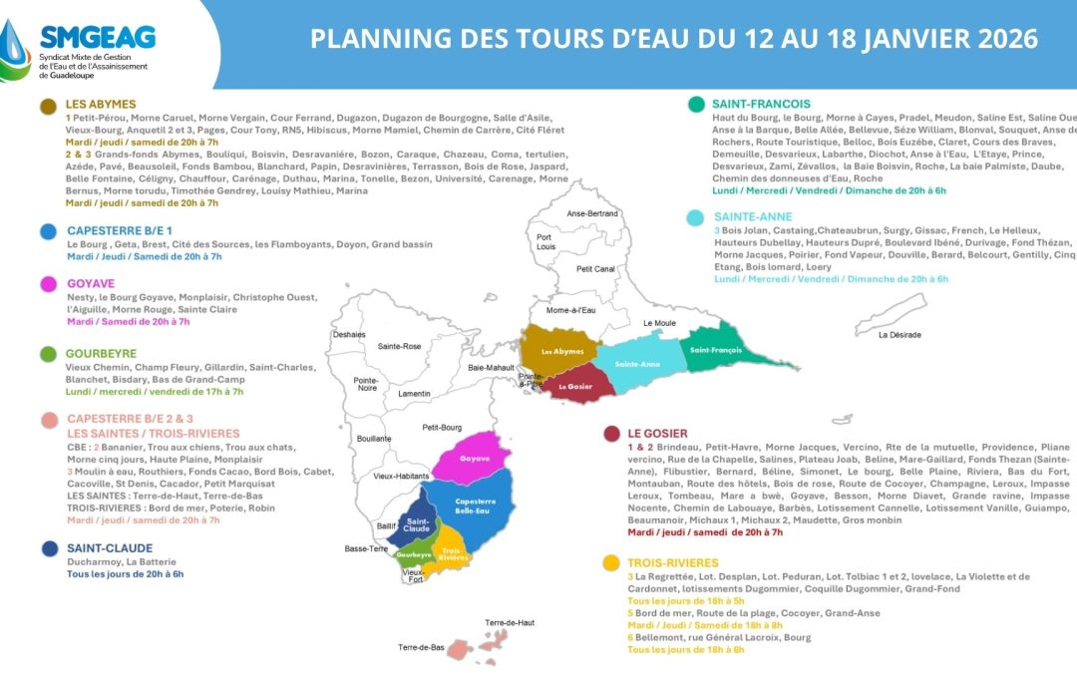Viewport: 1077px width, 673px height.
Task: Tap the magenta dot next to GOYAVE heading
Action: (47, 284)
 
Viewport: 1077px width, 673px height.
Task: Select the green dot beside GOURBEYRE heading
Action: (47, 354)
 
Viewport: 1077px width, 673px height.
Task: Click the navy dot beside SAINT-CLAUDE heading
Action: (47, 547)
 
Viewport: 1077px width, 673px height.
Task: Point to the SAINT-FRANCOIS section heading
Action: (761, 104)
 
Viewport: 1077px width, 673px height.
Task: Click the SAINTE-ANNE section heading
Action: (753, 216)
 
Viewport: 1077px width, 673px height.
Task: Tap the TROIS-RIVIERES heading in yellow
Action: (673, 562)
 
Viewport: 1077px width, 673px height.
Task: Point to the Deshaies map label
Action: (349, 335)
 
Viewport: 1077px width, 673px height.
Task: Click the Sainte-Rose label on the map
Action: (399, 346)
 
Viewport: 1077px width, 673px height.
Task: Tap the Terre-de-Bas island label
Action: (421, 647)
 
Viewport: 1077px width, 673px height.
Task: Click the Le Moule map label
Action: (659, 324)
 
